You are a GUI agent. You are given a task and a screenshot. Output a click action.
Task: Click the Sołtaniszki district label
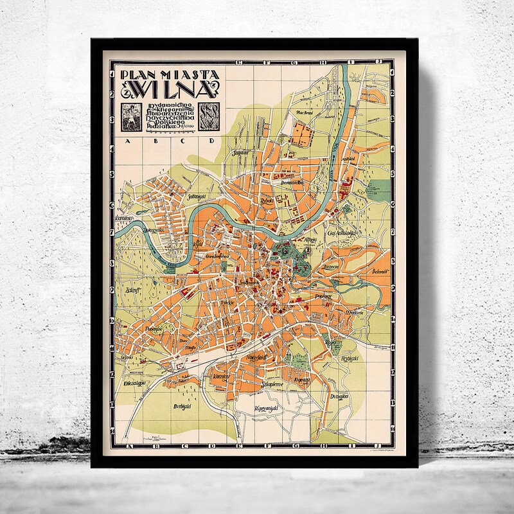196,197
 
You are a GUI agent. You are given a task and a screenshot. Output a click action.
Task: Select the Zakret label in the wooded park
134,290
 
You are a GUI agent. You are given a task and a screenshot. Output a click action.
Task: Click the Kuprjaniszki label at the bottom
269,409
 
